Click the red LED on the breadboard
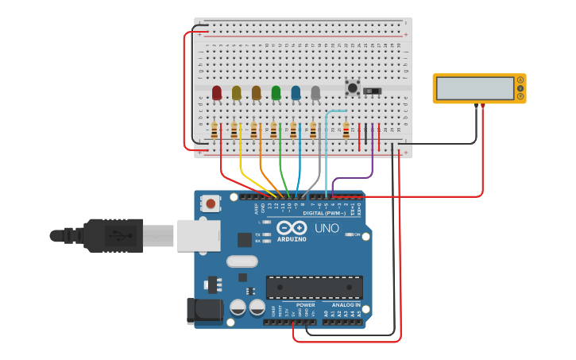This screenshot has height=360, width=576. point(217,94)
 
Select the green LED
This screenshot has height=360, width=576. point(276,93)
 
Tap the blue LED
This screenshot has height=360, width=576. point(296,93)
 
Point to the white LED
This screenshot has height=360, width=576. point(315,93)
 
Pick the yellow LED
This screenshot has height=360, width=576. point(236,93)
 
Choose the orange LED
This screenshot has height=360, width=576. point(256,93)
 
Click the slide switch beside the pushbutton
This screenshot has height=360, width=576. point(372,91)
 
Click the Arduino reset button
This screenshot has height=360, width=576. point(211,203)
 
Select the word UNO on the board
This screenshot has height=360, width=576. point(327,228)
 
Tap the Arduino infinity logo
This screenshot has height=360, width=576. point(292,227)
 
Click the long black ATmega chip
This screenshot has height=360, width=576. point(314,287)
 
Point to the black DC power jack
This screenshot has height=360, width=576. point(204,311)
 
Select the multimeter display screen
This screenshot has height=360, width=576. point(474,87)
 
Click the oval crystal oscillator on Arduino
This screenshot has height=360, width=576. point(242,261)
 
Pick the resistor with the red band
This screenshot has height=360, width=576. point(346,130)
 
